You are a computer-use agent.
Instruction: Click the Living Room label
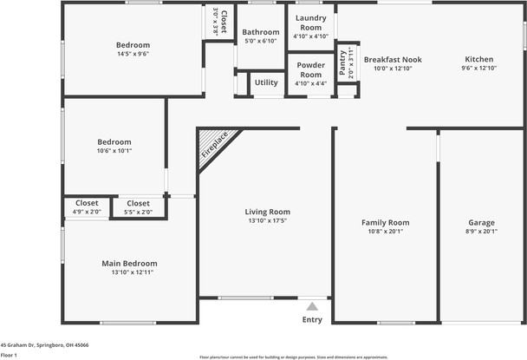267,212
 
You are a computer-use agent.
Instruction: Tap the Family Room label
385,223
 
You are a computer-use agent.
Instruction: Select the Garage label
481,223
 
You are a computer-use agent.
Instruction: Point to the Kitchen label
477,60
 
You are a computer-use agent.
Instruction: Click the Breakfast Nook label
393,60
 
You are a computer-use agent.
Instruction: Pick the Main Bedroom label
130,264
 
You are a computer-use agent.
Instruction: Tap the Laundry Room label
310,23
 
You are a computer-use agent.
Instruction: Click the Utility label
266,82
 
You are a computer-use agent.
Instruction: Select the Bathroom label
261,32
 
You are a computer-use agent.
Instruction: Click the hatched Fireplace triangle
211,145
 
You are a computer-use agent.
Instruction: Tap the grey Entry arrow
312,306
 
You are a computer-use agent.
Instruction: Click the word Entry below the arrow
312,320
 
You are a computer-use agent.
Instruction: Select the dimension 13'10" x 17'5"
267,221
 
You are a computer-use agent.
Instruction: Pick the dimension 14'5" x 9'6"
133,54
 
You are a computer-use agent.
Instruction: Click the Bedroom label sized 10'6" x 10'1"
114,142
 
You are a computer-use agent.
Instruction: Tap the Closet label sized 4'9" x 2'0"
87,203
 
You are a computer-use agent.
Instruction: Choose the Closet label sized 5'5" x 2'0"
138,203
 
